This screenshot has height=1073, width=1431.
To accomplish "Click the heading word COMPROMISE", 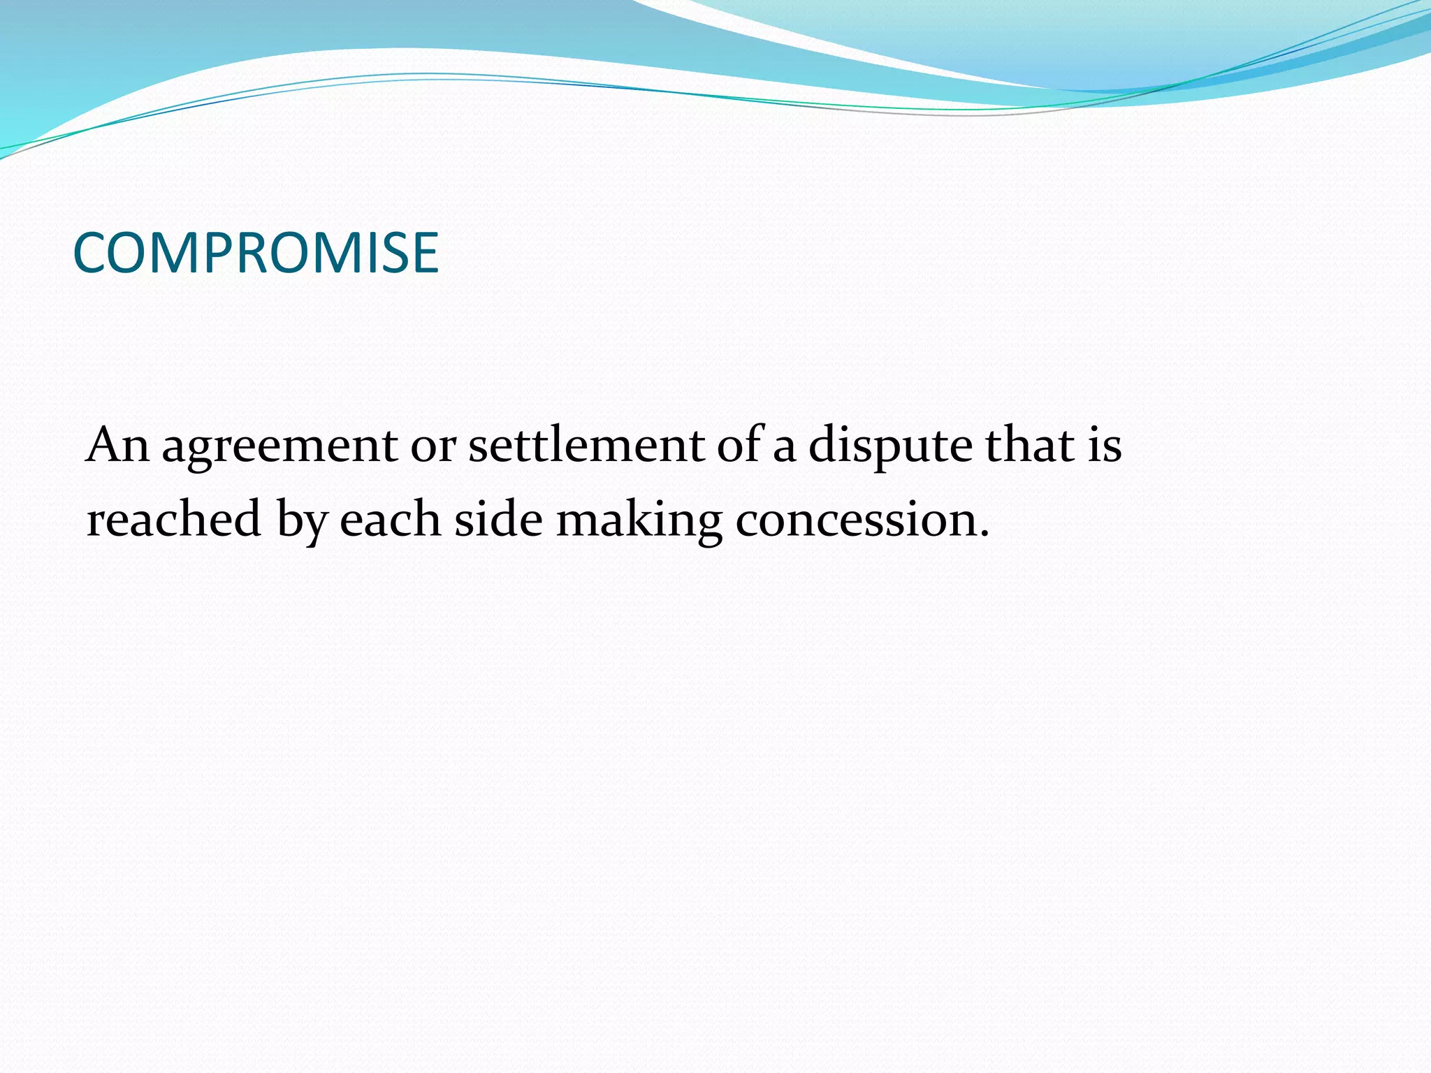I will pyautogui.click(x=256, y=253).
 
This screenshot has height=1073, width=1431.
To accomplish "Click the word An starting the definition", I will pyautogui.click(x=117, y=446).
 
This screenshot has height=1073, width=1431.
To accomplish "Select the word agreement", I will pyautogui.click(x=279, y=447).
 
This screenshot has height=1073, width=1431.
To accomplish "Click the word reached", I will pyautogui.click(x=173, y=520).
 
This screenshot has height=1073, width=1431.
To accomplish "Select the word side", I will pyautogui.click(x=498, y=520).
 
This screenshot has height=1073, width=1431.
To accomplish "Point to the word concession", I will pyautogui.click(x=855, y=521).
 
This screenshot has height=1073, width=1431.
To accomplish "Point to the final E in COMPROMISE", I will pyautogui.click(x=425, y=253).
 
